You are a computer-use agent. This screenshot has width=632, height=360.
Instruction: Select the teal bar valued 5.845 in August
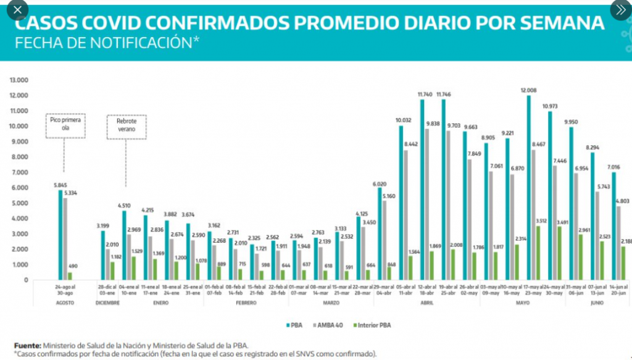click(60, 235)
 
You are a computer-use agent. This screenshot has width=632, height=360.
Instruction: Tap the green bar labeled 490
click(70, 276)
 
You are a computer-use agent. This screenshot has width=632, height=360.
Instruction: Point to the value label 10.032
click(404, 120)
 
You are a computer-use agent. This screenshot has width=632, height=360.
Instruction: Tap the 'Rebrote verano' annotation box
click(126, 126)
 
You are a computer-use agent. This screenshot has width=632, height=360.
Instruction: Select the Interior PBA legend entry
click(372, 325)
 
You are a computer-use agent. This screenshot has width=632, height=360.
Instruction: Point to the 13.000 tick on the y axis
click(20, 80)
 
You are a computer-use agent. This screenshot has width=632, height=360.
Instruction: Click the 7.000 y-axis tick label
click(22, 172)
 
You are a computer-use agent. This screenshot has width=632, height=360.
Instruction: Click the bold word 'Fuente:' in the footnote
click(27, 346)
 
